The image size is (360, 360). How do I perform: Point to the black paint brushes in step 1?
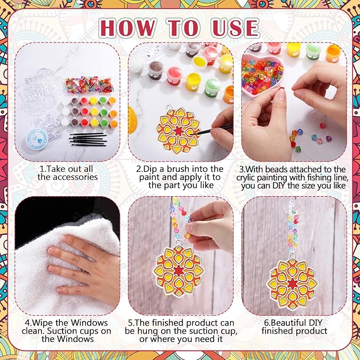pyautogui.click(x=88, y=139)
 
